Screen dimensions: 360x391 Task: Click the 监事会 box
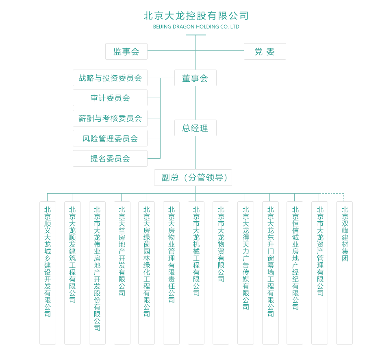pyautogui.click(x=126, y=52)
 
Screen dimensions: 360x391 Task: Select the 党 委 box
pyautogui.click(x=265, y=52)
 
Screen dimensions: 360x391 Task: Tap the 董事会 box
pyautogui.click(x=195, y=78)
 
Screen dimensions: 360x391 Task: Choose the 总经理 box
pyautogui.click(x=195, y=128)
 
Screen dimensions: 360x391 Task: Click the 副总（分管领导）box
pyautogui.click(x=193, y=177)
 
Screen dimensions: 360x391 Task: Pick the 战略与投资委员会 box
pyautogui.click(x=110, y=78)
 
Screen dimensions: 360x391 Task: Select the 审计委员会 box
pyautogui.click(x=110, y=98)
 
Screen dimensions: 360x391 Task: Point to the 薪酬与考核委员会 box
pyautogui.click(x=110, y=118)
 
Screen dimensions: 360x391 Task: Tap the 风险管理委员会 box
pyautogui.click(x=110, y=138)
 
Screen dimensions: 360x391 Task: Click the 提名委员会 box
pyautogui.click(x=110, y=158)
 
